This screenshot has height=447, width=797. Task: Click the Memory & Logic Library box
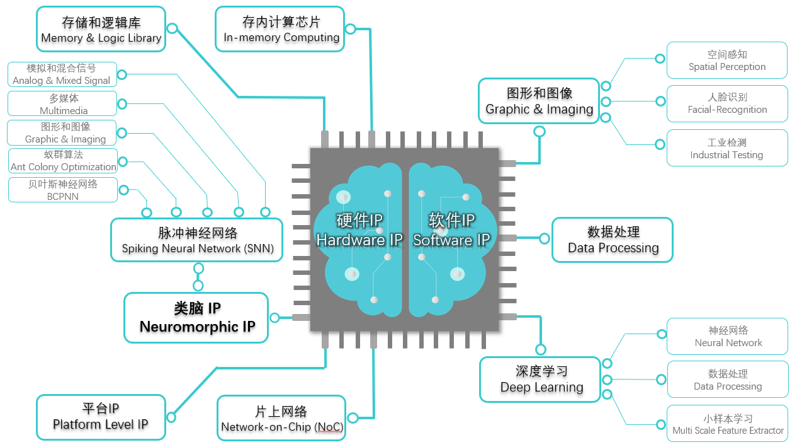coord(101,30)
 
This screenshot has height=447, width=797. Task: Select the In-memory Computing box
coord(281,30)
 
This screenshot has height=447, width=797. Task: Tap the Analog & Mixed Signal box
coord(62,74)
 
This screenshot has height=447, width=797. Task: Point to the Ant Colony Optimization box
coord(63,161)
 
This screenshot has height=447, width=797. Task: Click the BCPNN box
coord(63,190)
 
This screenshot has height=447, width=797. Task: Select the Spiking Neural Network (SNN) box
coord(197,240)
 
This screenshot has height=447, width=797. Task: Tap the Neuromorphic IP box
coord(196,317)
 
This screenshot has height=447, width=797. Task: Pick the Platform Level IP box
coord(101,417)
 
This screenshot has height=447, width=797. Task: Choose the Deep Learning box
coord(541,380)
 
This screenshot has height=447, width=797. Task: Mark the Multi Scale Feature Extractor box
coord(727,424)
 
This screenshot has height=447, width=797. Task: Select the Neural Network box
coord(727,336)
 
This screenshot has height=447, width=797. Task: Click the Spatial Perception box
coord(726,61)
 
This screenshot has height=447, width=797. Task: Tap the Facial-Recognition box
coord(726,103)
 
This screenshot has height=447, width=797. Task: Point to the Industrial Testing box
coord(726,148)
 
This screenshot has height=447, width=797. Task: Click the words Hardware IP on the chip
coord(359,240)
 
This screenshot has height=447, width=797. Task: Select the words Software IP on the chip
coord(451,240)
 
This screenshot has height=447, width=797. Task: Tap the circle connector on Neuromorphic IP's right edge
coord(274,318)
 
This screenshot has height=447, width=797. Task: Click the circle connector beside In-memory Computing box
coord(351,28)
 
